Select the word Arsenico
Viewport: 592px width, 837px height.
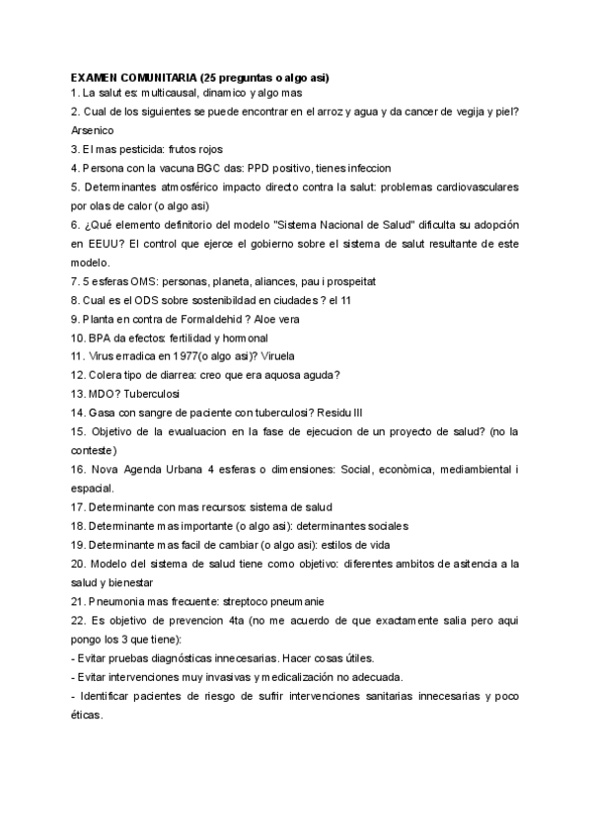(94, 130)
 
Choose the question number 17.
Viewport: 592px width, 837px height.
(78, 506)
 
